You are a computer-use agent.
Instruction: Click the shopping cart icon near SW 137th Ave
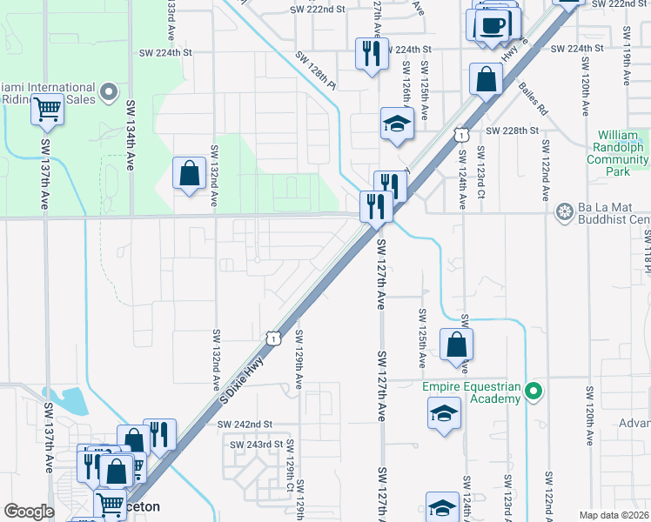click(x=47, y=109)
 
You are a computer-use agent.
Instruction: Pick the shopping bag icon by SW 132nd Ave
click(x=189, y=173)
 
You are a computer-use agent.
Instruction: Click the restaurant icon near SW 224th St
click(x=372, y=54)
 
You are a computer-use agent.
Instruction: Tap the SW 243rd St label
click(x=257, y=444)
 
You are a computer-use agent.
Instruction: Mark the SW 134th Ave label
click(x=131, y=135)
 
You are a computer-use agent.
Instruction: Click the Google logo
click(x=30, y=511)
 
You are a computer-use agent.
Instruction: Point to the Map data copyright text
click(x=614, y=515)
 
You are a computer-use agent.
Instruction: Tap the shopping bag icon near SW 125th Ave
click(x=456, y=345)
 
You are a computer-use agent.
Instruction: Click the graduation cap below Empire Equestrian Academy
click(x=444, y=413)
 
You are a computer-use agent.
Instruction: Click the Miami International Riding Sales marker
click(x=109, y=90)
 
